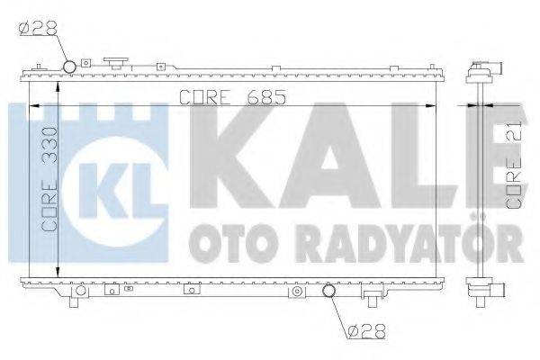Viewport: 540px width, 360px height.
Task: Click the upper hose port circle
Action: pos(70,67)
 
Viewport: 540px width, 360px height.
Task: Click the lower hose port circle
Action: pos(329,292)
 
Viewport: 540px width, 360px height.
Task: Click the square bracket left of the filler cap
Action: pos(85,64)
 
